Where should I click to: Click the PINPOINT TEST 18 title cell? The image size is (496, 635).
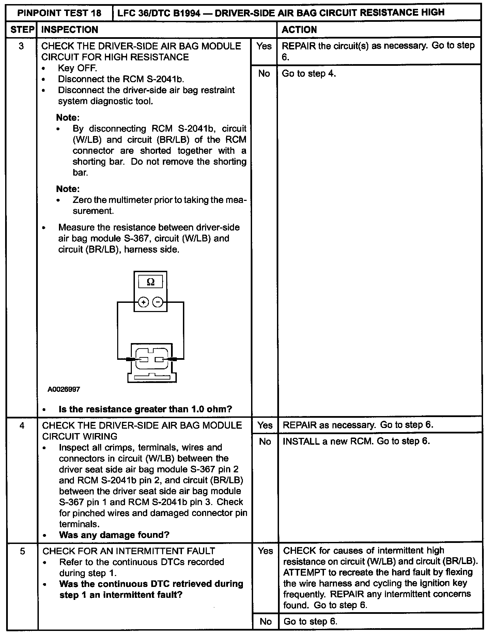click(x=59, y=13)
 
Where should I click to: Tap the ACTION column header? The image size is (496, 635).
click(x=299, y=30)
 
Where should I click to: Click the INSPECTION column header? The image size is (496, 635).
click(x=69, y=30)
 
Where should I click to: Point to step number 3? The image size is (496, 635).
click(x=21, y=46)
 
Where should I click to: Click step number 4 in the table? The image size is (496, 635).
click(x=22, y=425)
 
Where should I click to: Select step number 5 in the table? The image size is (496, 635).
click(x=22, y=551)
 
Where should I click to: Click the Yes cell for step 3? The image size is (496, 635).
click(x=264, y=46)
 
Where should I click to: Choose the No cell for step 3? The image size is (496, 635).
click(x=264, y=73)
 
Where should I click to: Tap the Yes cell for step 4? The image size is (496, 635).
click(x=265, y=425)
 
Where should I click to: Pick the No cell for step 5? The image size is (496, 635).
click(x=265, y=621)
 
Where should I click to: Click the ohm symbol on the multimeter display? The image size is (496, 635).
click(x=150, y=282)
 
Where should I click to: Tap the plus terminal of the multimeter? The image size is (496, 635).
click(x=143, y=302)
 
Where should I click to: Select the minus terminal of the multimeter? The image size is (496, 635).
click(x=157, y=302)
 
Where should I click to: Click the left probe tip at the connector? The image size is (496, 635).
click(x=131, y=359)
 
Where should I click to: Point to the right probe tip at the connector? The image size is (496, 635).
click(x=170, y=359)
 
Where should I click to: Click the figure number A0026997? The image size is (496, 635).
click(x=64, y=389)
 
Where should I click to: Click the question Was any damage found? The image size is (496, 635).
click(x=114, y=535)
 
